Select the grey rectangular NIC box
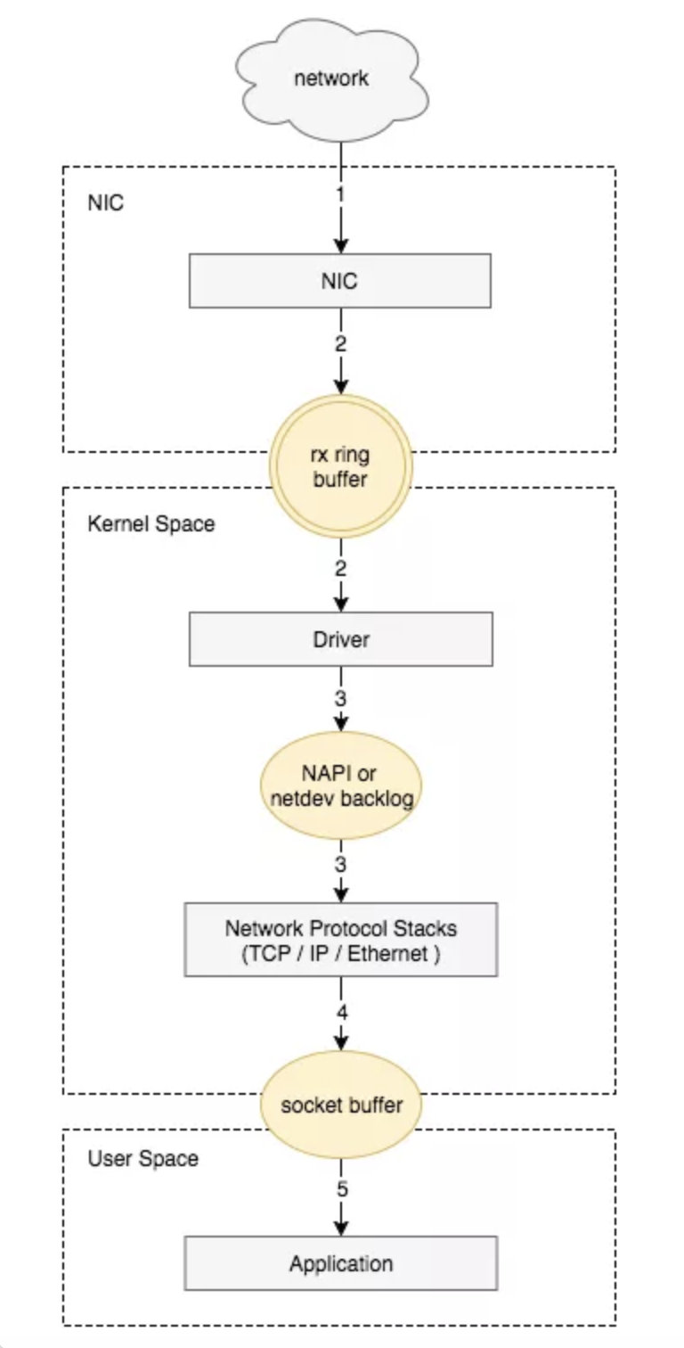pyautogui.click(x=341, y=281)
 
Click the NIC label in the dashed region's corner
pyautogui.click(x=105, y=202)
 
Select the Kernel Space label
pyautogui.click(x=151, y=523)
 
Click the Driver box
pyautogui.click(x=341, y=638)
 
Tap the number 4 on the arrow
pyautogui.click(x=341, y=1013)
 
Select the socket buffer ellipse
pyautogui.click(x=341, y=1106)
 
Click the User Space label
pyautogui.click(x=142, y=1159)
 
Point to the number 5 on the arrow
pyautogui.click(x=341, y=1188)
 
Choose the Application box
pyautogui.click(x=341, y=1263)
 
